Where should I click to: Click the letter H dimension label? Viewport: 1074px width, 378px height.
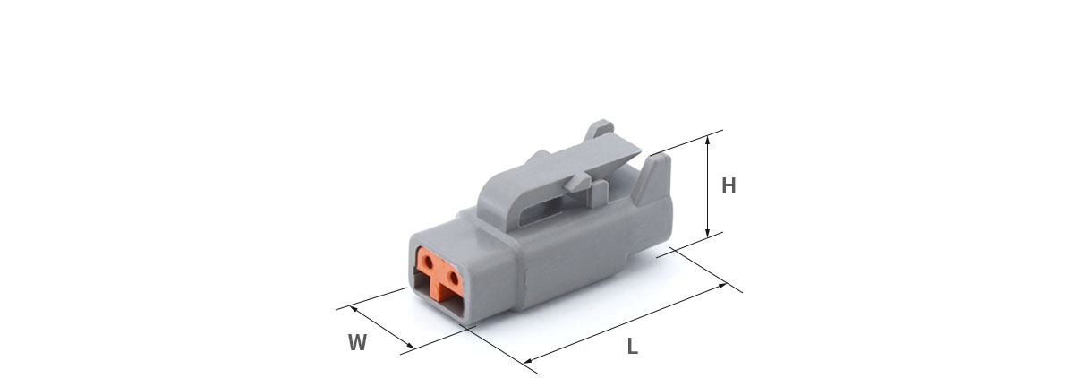[x=729, y=185]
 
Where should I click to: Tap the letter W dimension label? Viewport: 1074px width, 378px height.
[x=358, y=342]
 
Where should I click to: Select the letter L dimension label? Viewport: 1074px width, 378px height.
[x=633, y=347]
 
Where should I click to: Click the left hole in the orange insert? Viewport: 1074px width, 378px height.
[x=428, y=262]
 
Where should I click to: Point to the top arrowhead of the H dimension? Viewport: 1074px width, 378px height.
[x=707, y=140]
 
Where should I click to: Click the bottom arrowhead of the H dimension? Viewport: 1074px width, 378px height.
[x=707, y=234]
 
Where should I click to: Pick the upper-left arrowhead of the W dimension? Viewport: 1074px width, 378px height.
[x=354, y=308]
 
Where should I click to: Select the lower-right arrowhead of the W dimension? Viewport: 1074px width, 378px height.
[x=411, y=346]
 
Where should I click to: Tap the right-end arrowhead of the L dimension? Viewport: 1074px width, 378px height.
[x=722, y=286]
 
